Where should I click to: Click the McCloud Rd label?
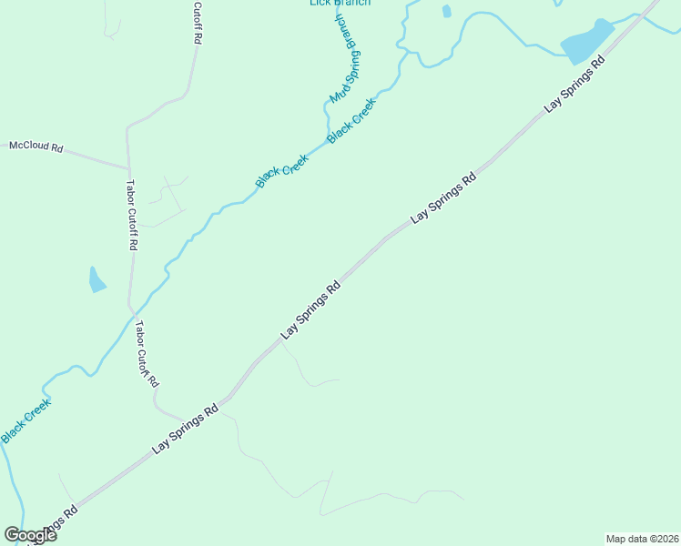(x=36, y=146)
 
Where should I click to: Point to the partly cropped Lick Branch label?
(x=340, y=3)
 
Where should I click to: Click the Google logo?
(x=30, y=535)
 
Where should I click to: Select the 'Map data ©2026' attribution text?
(x=642, y=539)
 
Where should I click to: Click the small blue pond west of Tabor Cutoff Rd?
(x=97, y=279)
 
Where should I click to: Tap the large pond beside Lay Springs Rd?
(x=586, y=42)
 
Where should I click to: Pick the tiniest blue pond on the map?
(x=446, y=11)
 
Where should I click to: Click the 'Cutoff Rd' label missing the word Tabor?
(x=197, y=24)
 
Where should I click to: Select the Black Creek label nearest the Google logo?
(x=25, y=420)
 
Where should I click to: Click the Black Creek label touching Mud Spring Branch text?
(x=351, y=120)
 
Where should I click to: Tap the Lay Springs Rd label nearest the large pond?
(x=575, y=86)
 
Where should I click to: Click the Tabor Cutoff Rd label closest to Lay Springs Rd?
(x=147, y=354)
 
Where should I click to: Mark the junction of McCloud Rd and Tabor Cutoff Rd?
(x=128, y=168)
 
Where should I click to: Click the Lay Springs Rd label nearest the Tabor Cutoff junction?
(x=187, y=429)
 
